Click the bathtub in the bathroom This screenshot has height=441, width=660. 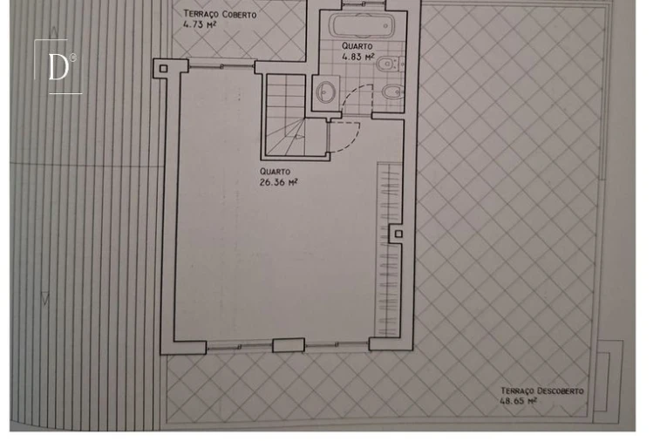point(362,25)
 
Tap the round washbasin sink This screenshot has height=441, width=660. point(325,91)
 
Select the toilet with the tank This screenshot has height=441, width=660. point(391,64)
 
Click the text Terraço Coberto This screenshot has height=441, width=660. point(220,14)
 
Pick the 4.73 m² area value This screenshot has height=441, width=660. point(200,24)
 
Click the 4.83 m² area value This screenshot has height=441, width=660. point(357,57)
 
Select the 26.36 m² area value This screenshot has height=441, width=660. point(278,182)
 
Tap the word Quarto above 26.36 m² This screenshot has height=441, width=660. point(275,172)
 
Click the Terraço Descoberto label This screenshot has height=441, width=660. point(542,391)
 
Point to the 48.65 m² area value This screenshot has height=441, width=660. point(518,401)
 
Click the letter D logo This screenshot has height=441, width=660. point(58,66)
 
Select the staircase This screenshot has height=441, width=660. point(284,115)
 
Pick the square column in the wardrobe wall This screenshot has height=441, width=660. point(398,234)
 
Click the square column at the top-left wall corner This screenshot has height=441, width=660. point(163,69)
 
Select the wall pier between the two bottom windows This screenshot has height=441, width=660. point(289,345)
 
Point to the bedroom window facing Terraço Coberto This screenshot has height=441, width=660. point(221,65)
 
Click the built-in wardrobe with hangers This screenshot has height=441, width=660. point(390,249)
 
